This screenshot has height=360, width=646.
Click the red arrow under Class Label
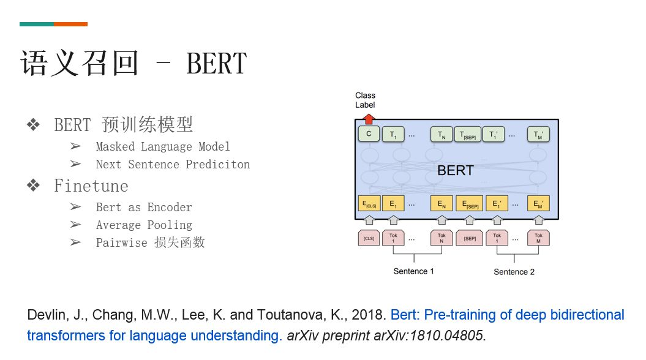tap(369, 119)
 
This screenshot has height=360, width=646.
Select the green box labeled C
tap(369, 134)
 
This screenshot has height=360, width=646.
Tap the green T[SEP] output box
tap(468, 134)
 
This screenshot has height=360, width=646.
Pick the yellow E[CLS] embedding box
tap(369, 203)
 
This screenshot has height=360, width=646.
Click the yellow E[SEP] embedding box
tap(470, 203)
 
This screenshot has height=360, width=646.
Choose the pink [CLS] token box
tap(369, 238)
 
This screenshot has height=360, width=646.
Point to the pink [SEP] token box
tap(470, 238)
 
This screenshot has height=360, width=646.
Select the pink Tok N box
tap(441, 238)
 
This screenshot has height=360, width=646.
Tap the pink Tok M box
tap(538, 238)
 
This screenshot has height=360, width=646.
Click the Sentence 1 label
tap(413, 271)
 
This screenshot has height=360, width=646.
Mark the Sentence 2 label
tap(514, 271)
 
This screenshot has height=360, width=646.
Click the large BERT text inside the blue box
tap(455, 170)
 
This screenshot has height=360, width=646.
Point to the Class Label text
tap(365, 100)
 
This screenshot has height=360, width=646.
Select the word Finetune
tap(91, 186)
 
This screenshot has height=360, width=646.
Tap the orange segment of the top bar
tap(70, 24)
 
